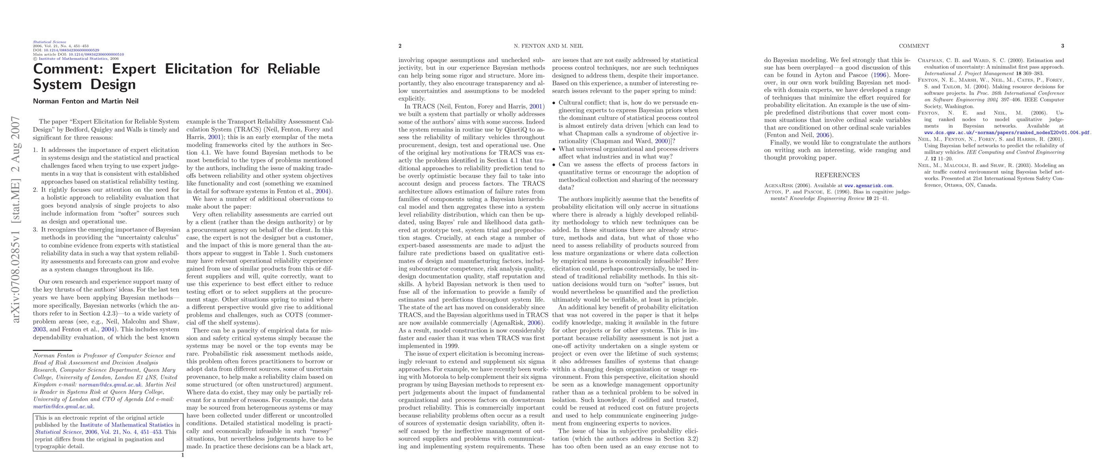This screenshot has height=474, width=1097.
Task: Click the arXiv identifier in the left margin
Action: [16, 219]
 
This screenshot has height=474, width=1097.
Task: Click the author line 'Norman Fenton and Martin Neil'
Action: [86, 101]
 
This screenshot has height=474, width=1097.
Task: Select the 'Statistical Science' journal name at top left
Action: [49, 42]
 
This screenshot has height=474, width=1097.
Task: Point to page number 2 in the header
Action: [400, 46]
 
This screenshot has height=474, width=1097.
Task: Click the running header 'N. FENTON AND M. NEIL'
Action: [548, 46]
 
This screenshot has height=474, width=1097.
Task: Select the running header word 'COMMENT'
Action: [914, 46]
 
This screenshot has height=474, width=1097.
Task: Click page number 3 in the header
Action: [1063, 46]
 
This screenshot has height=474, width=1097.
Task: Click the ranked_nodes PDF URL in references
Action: [1007, 133]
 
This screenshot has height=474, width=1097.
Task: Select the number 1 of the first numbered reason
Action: [35, 150]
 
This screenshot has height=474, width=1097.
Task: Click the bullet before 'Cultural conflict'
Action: [554, 103]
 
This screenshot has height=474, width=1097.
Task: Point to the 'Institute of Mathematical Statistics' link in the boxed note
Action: [127, 425]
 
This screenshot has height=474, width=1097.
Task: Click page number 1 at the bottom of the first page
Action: [183, 455]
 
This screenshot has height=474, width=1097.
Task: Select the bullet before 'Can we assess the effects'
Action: [554, 165]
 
